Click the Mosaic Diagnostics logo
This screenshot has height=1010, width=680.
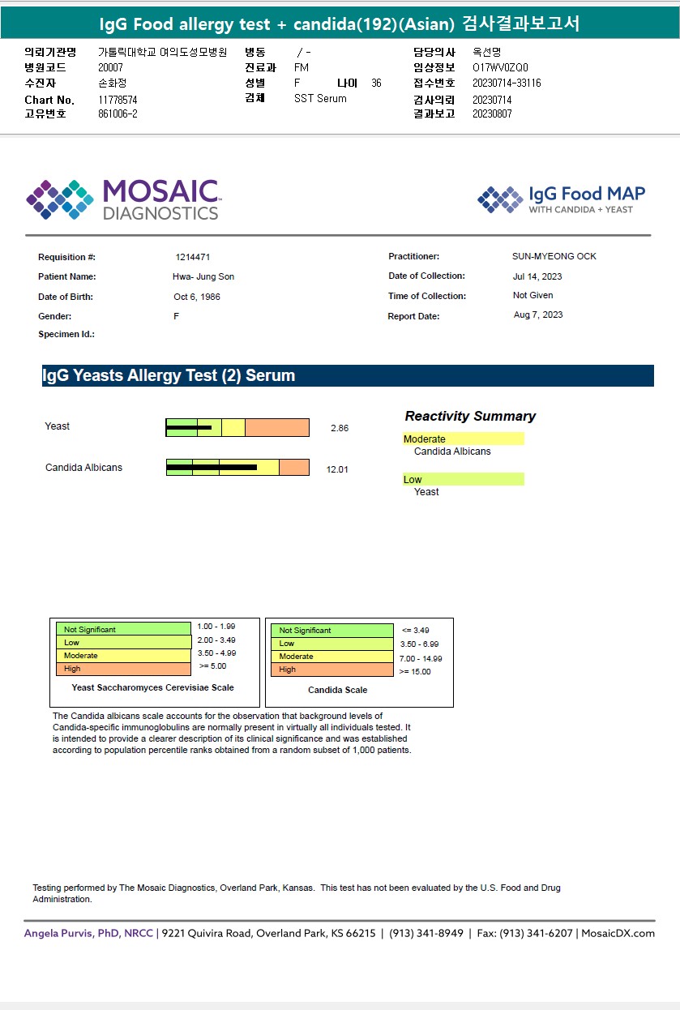pos(123,199)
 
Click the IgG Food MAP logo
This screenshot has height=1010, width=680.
pos(562,199)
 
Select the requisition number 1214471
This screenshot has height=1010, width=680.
pos(193,257)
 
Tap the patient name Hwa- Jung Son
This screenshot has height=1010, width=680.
pos(203,277)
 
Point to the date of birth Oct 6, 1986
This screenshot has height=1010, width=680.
pos(197,297)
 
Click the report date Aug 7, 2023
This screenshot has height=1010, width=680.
pos(538,315)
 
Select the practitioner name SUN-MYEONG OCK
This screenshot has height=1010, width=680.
pos(554,256)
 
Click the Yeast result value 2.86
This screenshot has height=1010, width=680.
pos(340,428)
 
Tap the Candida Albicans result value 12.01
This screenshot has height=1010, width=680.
pos(337,469)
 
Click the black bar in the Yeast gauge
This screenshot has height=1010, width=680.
pos(189,427)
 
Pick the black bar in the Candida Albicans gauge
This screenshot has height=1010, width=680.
pos(212,467)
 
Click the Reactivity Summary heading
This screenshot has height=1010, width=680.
pos(470,416)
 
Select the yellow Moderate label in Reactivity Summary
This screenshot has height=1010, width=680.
pos(464,439)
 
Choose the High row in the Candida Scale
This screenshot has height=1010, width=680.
pos(331,670)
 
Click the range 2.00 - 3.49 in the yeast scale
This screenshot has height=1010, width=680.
pos(216,640)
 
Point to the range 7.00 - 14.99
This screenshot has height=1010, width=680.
pos(421,659)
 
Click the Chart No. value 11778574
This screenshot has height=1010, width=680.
pos(118,100)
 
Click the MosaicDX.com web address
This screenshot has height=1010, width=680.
pos(618,933)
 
